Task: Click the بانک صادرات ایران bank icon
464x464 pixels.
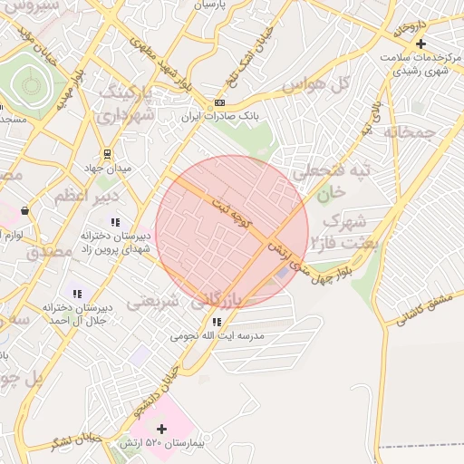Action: coord(219,102)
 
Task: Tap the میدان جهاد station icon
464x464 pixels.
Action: coord(108,153)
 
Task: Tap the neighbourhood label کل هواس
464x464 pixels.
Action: coord(316,84)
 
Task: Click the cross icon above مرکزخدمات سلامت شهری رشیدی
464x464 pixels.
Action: coord(420,43)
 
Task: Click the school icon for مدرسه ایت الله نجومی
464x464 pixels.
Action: coord(216,322)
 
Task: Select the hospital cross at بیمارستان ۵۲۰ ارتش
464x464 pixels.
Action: coord(162,429)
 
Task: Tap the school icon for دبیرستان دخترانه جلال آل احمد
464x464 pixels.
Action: coord(78,294)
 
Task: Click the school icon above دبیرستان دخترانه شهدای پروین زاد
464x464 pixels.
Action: coord(114,222)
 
